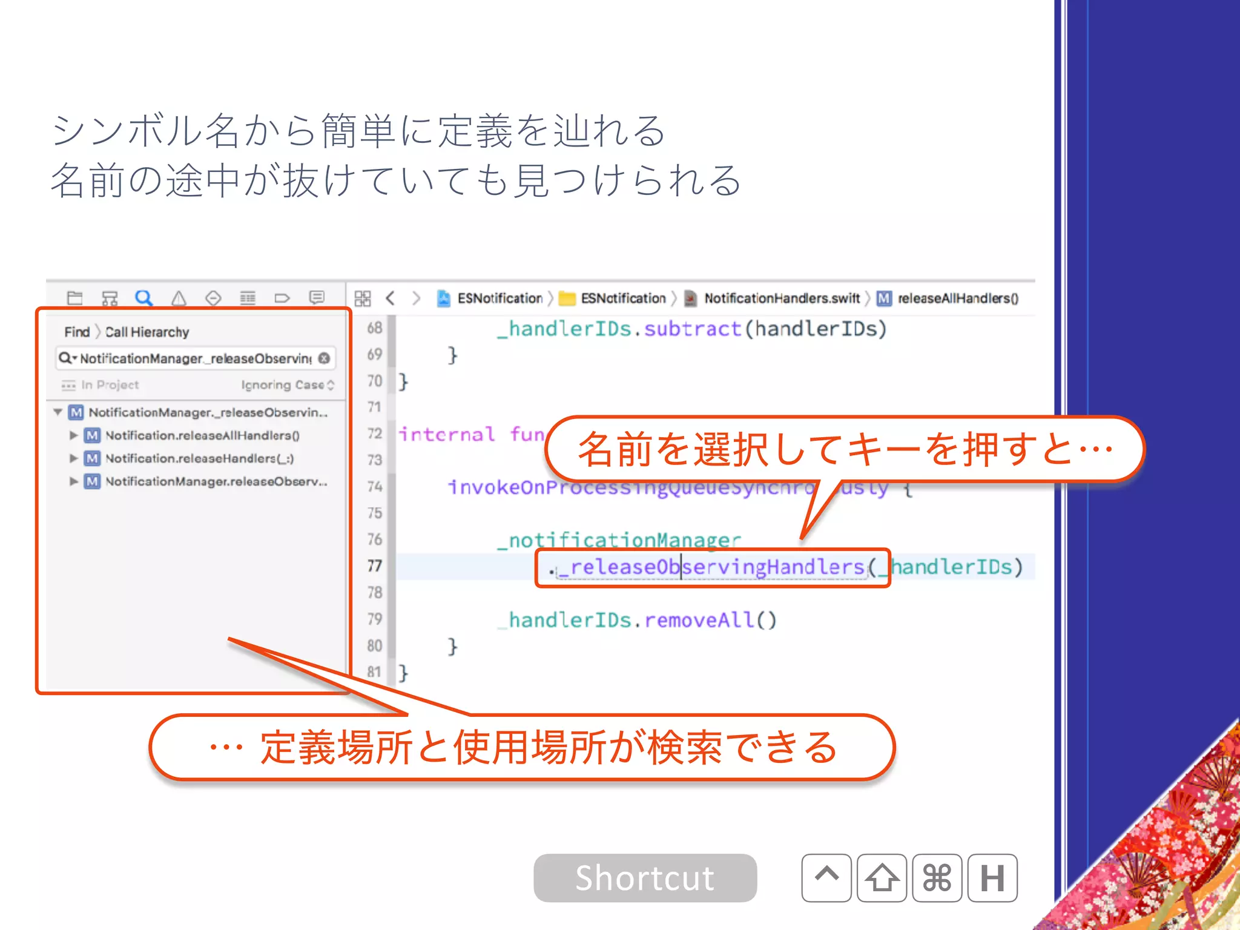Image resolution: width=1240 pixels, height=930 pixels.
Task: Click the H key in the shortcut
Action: pos(992,878)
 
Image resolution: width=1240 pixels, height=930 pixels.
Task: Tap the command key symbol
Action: pos(937,878)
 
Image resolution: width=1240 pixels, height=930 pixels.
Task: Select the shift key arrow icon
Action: pos(882,878)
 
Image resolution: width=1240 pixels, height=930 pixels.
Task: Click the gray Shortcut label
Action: pos(645,878)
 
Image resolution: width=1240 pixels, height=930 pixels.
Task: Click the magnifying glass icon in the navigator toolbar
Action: pos(143,298)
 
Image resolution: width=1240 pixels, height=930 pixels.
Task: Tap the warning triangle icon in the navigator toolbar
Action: pos(178,298)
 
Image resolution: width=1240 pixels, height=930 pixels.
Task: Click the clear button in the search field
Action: pos(325,358)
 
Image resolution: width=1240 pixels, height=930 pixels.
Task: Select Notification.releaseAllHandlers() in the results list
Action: pos(202,435)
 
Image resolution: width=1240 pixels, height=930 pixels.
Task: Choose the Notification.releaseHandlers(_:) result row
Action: pos(199,458)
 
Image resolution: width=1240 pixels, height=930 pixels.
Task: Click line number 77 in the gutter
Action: pos(375,566)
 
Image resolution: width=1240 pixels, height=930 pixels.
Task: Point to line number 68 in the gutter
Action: pos(375,328)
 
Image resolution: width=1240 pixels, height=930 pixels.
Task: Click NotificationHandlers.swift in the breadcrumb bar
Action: pos(782,298)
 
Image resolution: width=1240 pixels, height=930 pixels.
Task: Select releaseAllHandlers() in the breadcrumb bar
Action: pos(957,298)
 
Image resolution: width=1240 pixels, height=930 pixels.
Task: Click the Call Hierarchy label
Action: pos(147,332)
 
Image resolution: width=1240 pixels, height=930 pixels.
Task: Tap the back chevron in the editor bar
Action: pos(391,298)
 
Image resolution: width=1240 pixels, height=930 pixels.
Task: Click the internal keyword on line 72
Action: pos(447,434)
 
